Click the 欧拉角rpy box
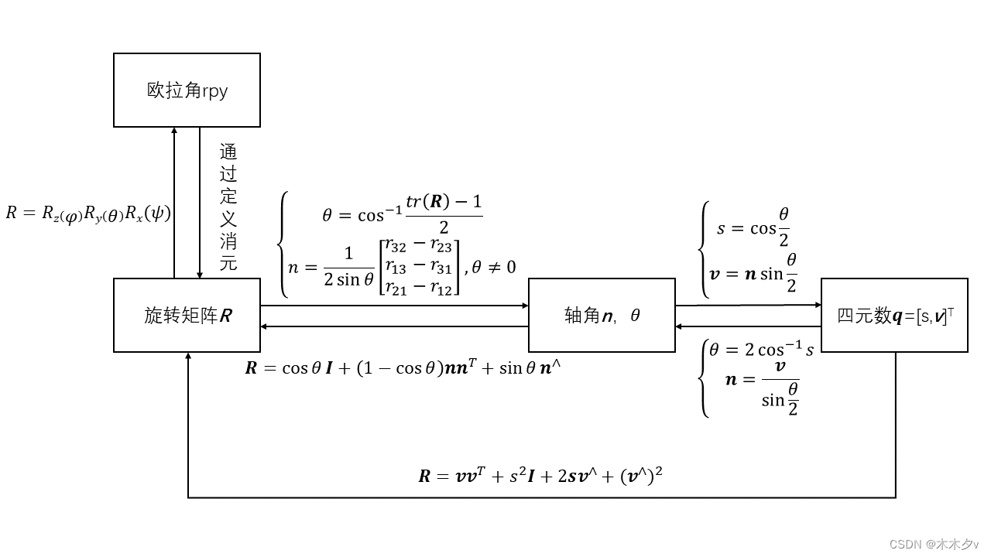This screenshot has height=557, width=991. pyautogui.click(x=187, y=90)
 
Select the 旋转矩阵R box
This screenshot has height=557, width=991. pyautogui.click(x=187, y=316)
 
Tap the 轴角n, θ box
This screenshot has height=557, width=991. pyautogui.click(x=602, y=316)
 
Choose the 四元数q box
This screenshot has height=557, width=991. pyautogui.click(x=894, y=316)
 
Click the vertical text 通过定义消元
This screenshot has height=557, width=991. pyautogui.click(x=228, y=207)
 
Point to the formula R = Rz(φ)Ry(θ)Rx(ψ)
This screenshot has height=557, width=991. pyautogui.click(x=87, y=213)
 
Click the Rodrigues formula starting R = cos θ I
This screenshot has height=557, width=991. pyautogui.click(x=403, y=368)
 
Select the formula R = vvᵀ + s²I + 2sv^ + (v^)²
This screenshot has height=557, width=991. pyautogui.click(x=540, y=475)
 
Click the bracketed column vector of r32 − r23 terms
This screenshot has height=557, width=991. pyautogui.click(x=418, y=267)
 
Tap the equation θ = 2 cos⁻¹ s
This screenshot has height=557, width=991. pyautogui.click(x=760, y=350)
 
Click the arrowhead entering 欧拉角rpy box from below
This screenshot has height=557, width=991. pyautogui.click(x=175, y=131)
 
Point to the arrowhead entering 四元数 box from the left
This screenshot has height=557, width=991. pyautogui.click(x=817, y=306)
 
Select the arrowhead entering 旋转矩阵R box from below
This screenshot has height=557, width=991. pyautogui.click(x=188, y=357)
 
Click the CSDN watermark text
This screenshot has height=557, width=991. pyautogui.click(x=934, y=544)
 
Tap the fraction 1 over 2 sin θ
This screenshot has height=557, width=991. pyautogui.click(x=348, y=267)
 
